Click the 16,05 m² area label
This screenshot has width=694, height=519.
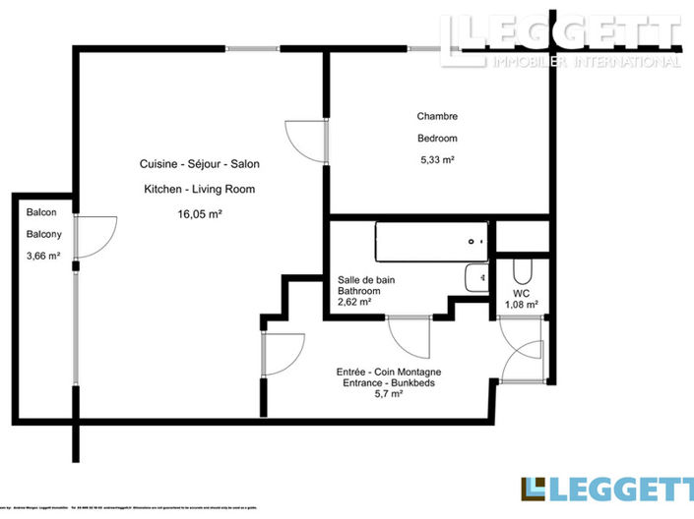[199, 213]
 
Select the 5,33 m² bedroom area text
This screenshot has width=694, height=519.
[437, 159]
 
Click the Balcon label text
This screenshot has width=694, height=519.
[40, 212]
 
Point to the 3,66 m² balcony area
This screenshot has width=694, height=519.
[43, 257]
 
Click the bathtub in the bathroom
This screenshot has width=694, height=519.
[430, 241]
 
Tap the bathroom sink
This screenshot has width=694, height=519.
[476, 278]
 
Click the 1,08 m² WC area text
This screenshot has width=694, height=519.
[522, 305]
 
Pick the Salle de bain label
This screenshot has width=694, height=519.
[366, 280]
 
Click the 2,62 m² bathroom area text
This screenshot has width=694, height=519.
[354, 303]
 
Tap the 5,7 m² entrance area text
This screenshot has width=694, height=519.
[388, 394]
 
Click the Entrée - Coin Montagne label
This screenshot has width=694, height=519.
[388, 371]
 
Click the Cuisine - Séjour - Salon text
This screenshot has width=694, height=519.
[200, 163]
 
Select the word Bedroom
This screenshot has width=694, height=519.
[437, 139]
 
